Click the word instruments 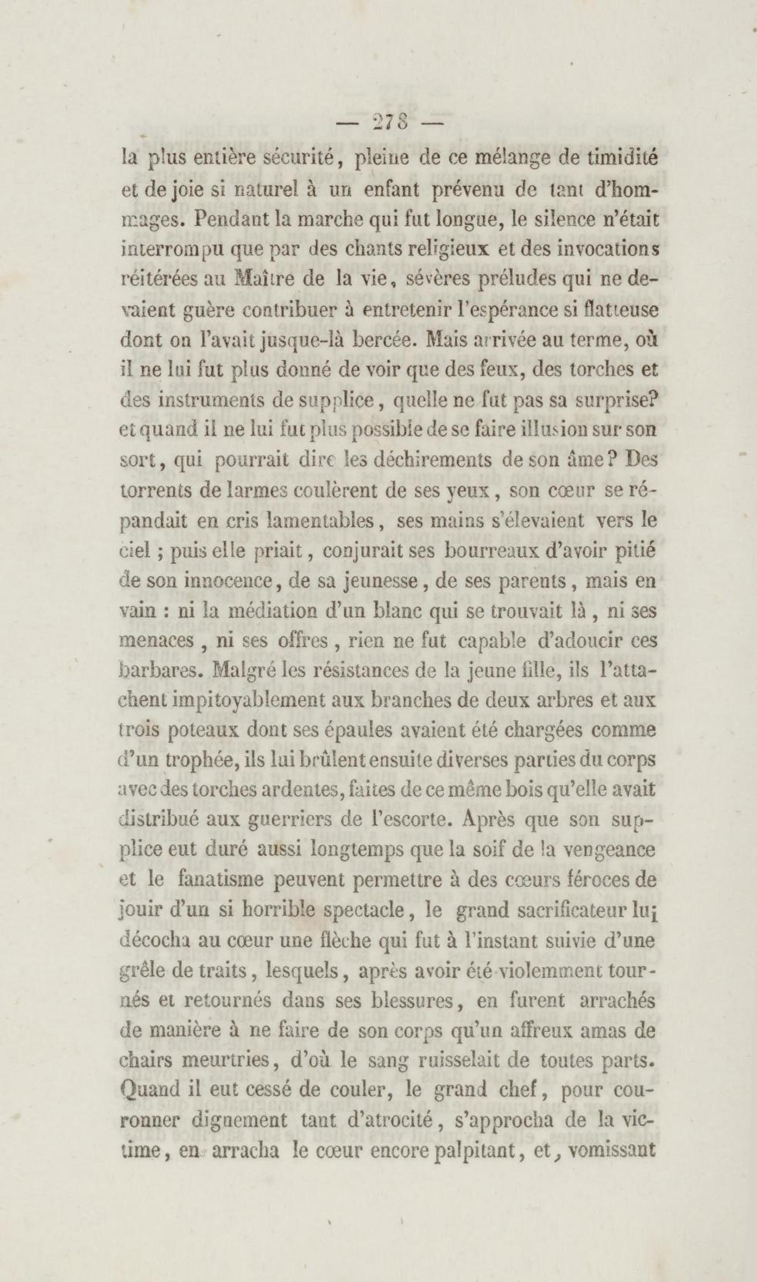(x=203, y=400)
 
